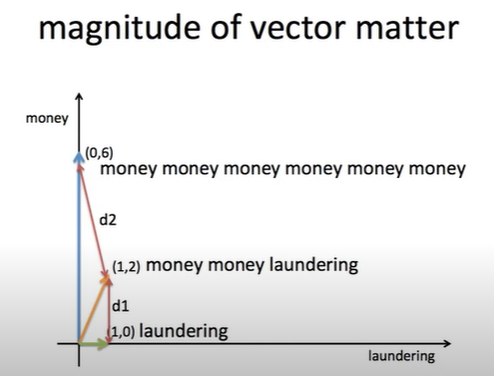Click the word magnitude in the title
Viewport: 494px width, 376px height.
click(119, 29)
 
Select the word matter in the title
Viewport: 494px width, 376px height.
click(408, 28)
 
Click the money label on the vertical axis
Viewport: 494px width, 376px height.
click(48, 119)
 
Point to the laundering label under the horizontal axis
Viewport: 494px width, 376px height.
click(402, 356)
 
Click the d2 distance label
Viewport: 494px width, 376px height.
click(108, 220)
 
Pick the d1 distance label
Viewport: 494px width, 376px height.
click(121, 306)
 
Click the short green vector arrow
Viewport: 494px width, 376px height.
click(94, 343)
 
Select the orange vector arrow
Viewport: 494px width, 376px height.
click(94, 310)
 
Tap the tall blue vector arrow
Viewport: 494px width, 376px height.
click(79, 247)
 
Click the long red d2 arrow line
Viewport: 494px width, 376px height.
click(93, 221)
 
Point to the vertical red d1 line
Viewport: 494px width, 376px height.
click(109, 311)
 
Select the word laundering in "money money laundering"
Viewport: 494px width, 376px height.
click(314, 265)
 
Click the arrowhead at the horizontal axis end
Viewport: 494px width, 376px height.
click(447, 343)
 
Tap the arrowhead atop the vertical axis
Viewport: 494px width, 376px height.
click(79, 96)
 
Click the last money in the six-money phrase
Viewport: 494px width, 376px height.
click(437, 169)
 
